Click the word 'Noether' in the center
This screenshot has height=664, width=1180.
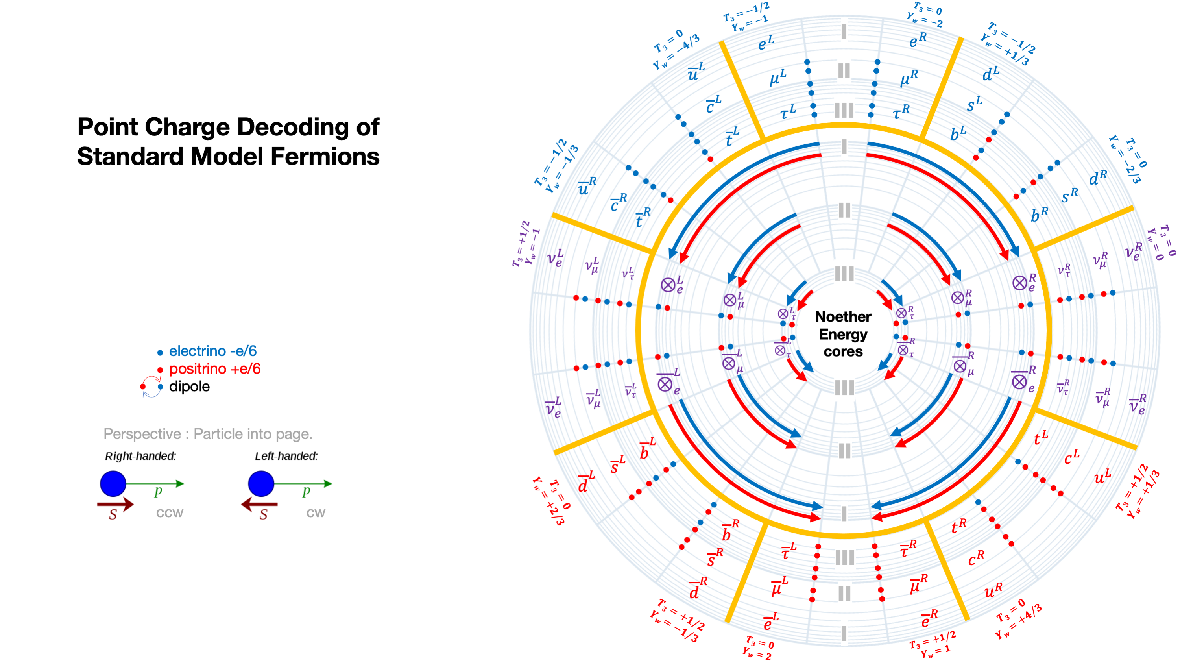[x=843, y=316]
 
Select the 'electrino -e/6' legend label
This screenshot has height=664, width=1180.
[x=212, y=351]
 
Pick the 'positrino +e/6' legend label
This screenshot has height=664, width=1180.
[x=214, y=369]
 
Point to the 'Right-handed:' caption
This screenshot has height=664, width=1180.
[x=140, y=456]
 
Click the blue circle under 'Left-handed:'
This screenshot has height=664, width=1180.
[x=261, y=483]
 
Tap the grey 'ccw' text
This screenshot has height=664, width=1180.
[x=170, y=512]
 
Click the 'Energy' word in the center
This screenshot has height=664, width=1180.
[x=843, y=335]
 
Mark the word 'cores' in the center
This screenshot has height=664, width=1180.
[x=843, y=351]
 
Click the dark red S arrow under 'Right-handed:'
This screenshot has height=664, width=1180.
[x=115, y=505]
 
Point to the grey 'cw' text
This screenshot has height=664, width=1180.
[x=316, y=512]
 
